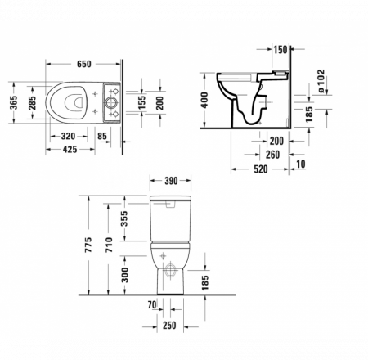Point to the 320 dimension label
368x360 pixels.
pyautogui.click(x=69, y=137)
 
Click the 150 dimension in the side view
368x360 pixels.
pyautogui.click(x=281, y=51)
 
